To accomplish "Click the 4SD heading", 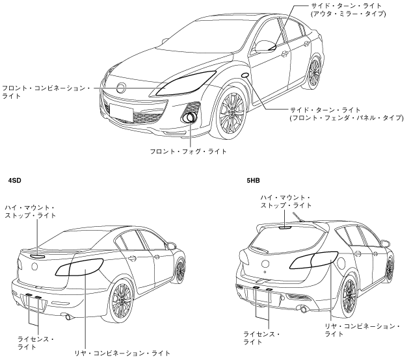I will pyautogui.click(x=15, y=176).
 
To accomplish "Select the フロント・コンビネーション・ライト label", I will pyautogui.click(x=49, y=90).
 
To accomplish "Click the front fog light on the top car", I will pyautogui.click(x=191, y=118).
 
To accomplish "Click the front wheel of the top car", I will pyautogui.click(x=232, y=112).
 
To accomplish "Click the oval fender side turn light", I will pyautogui.click(x=246, y=76).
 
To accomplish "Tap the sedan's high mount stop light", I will pyautogui.click(x=37, y=255).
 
